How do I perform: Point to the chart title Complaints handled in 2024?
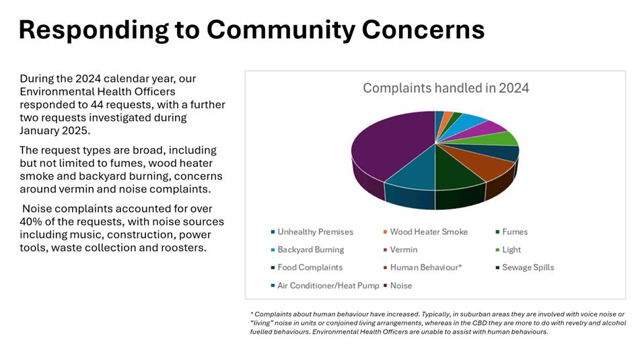[x=446, y=87]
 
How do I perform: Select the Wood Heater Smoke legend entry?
[x=425, y=232]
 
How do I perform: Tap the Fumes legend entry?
[x=512, y=232]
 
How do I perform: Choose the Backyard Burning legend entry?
[x=308, y=250]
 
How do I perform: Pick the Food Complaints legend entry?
[x=306, y=267]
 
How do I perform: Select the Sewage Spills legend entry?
[x=525, y=267]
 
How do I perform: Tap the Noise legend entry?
[x=397, y=286]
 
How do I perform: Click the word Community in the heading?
[x=281, y=30]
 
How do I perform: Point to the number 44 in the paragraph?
[x=97, y=104]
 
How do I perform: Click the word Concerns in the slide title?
[x=423, y=30]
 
